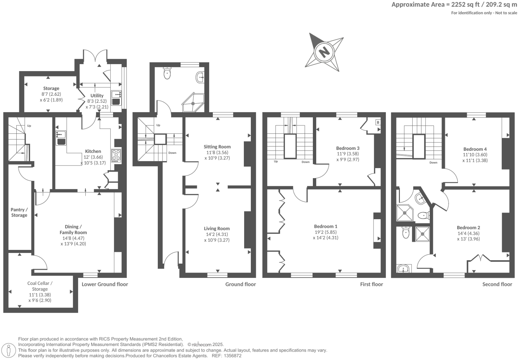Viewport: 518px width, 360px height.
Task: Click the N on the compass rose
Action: [324, 52]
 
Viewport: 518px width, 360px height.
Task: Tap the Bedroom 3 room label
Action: [348, 148]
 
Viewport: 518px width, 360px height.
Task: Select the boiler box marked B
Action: [378, 122]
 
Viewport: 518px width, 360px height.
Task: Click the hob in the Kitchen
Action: [116, 155]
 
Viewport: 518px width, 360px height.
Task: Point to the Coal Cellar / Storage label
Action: [40, 286]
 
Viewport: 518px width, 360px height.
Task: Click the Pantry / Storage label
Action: [19, 212]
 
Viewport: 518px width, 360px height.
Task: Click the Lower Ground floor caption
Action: [105, 284]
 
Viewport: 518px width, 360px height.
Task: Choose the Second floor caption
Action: [497, 284]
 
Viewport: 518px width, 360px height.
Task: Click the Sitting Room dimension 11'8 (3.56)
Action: [217, 152]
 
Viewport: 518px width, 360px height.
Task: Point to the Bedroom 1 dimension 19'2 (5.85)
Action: [326, 232]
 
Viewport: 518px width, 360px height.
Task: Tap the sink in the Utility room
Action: [116, 94]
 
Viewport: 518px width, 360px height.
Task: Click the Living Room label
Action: [217, 229]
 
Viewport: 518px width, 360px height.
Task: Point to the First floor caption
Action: [371, 284]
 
